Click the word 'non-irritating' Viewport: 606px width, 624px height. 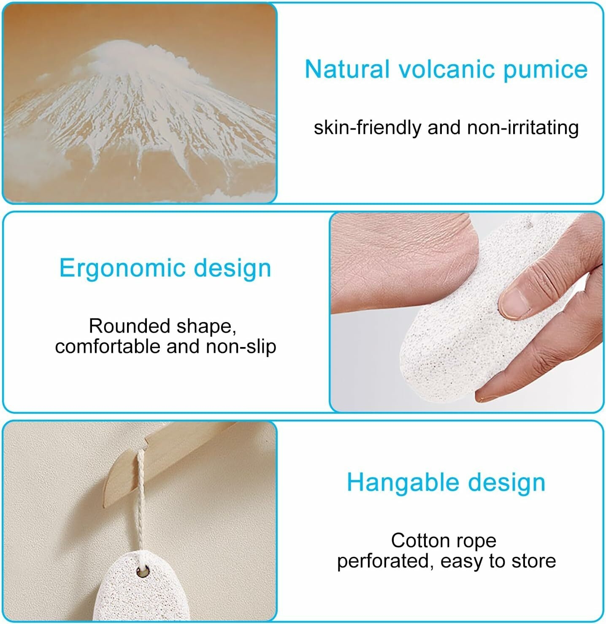click(523, 128)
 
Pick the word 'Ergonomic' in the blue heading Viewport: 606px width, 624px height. click(122, 269)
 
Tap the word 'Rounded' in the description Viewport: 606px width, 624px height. click(130, 326)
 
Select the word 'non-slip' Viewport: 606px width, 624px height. click(241, 347)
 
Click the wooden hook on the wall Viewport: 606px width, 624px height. click(167, 462)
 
